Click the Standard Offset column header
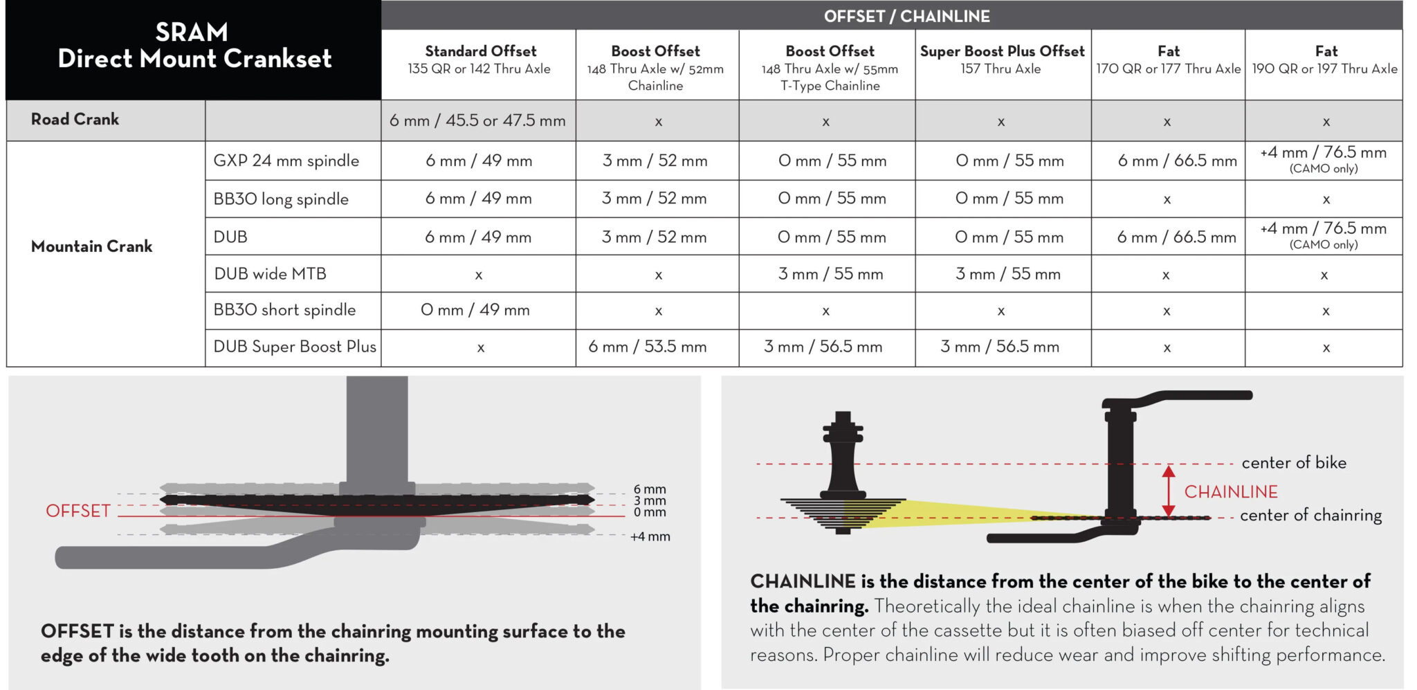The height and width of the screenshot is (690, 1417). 480,60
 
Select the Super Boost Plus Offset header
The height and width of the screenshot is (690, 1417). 1002,60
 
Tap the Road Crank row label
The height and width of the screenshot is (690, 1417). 75,119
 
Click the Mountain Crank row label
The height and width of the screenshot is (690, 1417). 91,246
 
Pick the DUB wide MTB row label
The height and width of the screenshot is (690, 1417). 270,274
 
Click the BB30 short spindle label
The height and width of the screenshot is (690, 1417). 284,310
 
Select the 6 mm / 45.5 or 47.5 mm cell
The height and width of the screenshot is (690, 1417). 477,120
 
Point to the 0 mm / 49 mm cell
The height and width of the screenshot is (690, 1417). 475,310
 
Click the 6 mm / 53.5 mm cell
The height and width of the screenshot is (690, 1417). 648,347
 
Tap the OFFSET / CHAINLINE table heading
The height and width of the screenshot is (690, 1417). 906,16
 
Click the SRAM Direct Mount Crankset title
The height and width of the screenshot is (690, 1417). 194,46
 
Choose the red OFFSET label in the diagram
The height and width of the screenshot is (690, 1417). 78,511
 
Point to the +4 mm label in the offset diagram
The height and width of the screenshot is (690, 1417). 650,536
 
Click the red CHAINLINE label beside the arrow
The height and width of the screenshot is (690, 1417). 1231,492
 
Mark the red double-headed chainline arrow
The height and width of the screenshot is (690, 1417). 1169,491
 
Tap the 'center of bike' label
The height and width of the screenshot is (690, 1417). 1294,462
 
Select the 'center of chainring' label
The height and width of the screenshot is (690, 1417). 1310,515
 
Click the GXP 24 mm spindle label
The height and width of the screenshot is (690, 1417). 286,161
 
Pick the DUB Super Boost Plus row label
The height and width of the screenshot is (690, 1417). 295,347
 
